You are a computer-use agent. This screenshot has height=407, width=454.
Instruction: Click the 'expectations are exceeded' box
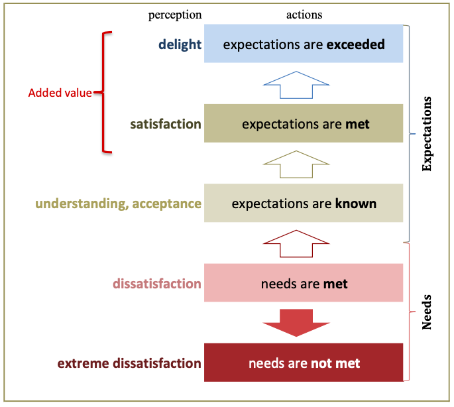(304, 44)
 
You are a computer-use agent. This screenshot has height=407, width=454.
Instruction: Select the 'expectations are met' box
(304, 123)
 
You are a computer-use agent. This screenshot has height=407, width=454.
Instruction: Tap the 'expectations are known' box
(304, 203)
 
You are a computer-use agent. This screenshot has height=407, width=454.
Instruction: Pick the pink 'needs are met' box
(304, 283)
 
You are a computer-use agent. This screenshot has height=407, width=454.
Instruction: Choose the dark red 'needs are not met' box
(304, 363)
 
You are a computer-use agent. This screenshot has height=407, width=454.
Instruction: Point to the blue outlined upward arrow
(296, 84)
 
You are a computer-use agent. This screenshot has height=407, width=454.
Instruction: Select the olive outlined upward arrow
(296, 164)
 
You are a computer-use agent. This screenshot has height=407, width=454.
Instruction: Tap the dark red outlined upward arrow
(296, 243)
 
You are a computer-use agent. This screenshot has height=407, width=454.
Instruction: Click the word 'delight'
(179, 44)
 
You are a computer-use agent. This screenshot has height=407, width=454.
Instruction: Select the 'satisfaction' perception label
(166, 124)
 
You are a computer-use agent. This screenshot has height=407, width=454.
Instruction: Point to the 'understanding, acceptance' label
(118, 203)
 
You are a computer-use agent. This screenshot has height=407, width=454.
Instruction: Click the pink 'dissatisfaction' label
(156, 284)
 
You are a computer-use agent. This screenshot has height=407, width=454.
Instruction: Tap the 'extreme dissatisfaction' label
(129, 363)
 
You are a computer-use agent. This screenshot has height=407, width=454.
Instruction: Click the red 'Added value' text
(60, 93)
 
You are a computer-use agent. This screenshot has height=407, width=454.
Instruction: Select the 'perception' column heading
(175, 14)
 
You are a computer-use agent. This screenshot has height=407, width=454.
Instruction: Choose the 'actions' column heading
(304, 14)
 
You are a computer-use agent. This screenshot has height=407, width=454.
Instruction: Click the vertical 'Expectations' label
(427, 134)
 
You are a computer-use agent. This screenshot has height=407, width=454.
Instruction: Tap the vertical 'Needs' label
(427, 312)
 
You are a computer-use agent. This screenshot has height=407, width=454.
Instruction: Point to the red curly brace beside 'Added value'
(105, 92)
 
